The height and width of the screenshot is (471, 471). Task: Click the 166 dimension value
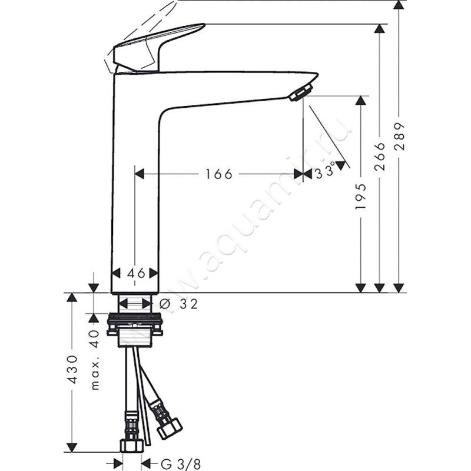click(x=219, y=174)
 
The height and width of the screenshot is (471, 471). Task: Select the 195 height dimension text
click(x=361, y=196)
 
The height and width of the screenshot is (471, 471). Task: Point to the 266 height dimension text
click(x=380, y=156)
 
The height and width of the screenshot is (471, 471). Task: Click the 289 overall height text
click(x=399, y=137)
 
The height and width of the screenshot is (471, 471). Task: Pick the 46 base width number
click(x=135, y=273)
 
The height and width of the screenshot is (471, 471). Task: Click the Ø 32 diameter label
click(x=178, y=304)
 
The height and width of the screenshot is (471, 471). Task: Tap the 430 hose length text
click(x=72, y=370)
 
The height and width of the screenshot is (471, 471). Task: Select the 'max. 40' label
click(x=95, y=360)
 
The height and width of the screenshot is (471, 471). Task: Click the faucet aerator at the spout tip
click(x=301, y=92)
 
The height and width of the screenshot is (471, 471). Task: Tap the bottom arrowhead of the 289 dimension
click(x=399, y=287)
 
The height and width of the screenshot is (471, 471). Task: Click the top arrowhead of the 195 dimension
click(x=361, y=101)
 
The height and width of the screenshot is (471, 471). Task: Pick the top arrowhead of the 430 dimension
click(x=72, y=297)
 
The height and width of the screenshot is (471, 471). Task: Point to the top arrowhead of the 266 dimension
click(x=380, y=29)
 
